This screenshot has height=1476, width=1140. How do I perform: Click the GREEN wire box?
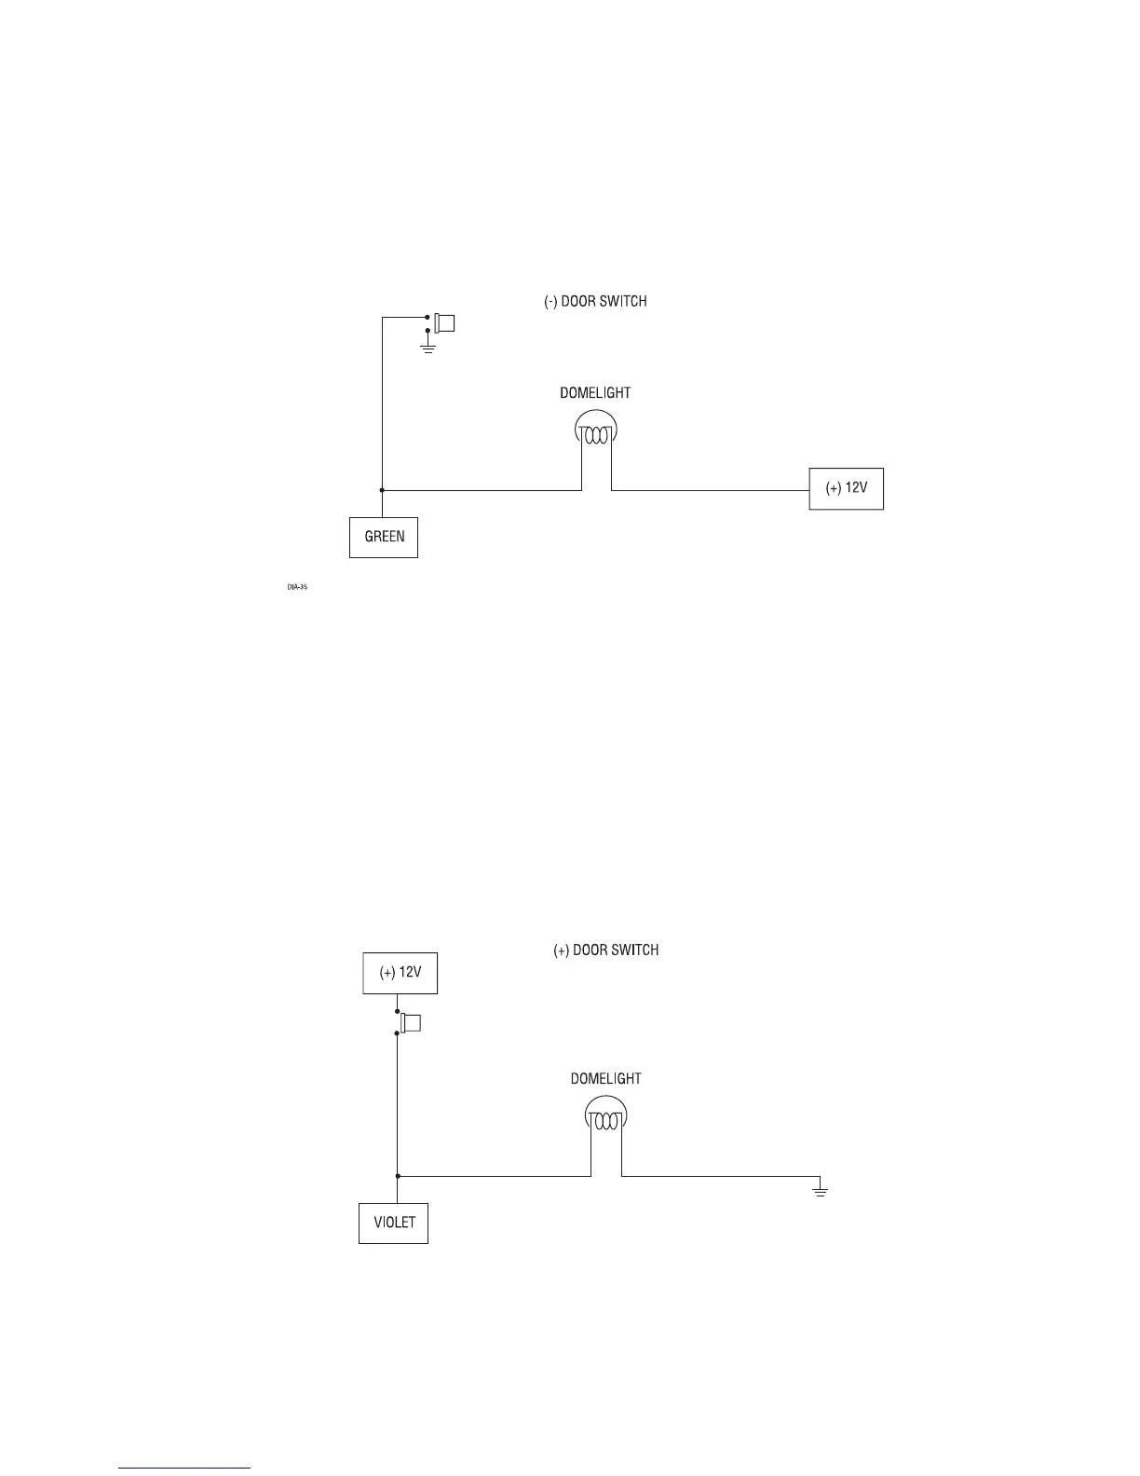pyautogui.click(x=383, y=538)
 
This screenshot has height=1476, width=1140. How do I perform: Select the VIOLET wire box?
pyautogui.click(x=393, y=1223)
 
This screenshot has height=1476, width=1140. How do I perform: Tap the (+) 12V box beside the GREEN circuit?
pyautogui.click(x=846, y=487)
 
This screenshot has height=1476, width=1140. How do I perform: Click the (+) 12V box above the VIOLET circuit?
pyautogui.click(x=400, y=973)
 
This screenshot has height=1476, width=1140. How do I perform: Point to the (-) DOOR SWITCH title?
pyautogui.click(x=595, y=302)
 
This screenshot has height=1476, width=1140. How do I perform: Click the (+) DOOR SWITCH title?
pyautogui.click(x=606, y=950)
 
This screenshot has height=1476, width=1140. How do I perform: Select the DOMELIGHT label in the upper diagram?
pyautogui.click(x=595, y=393)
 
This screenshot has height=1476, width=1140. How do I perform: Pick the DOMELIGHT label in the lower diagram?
pyautogui.click(x=605, y=1079)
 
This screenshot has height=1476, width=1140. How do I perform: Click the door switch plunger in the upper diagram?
pyautogui.click(x=445, y=323)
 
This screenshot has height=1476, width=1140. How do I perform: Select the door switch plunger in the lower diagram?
pyautogui.click(x=411, y=1023)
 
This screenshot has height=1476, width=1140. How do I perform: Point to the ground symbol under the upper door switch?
pyautogui.click(x=427, y=348)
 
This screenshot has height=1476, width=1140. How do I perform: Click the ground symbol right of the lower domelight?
pyautogui.click(x=820, y=1189)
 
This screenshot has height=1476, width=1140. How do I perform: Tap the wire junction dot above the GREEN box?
pyautogui.click(x=382, y=489)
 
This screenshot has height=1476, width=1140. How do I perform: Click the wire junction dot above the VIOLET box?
pyautogui.click(x=398, y=1177)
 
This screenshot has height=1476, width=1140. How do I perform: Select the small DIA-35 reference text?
pyautogui.click(x=297, y=587)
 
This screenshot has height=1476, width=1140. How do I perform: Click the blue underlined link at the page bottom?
pyautogui.click(x=184, y=1468)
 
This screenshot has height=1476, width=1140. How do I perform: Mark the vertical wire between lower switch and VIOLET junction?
pyautogui.click(x=398, y=1104)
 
